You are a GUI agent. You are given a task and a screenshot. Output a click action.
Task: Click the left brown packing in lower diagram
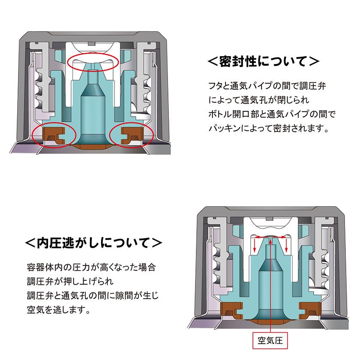[x=231, y=308]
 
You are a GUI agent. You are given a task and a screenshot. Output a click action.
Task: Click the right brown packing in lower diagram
[x=310, y=308]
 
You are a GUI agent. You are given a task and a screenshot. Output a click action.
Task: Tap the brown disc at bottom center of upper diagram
[x=93, y=147]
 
